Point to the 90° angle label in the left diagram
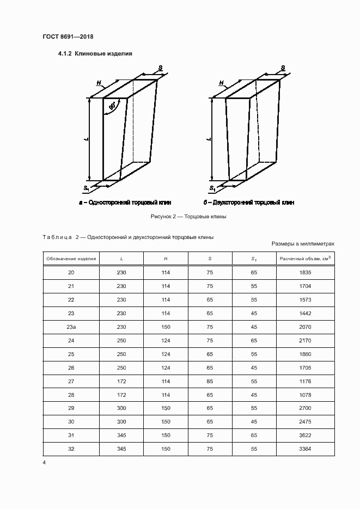112,106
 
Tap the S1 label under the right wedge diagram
212,188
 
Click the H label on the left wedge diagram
99,83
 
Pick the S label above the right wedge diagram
283,68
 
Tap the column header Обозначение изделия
71,259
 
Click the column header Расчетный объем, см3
304,259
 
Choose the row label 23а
71,327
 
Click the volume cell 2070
304,327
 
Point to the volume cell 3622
304,436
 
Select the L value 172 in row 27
121,382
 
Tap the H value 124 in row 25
166,354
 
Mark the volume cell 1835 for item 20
304,273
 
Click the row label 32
71,449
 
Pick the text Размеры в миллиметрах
302,244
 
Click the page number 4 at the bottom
44,463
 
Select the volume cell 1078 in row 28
304,395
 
